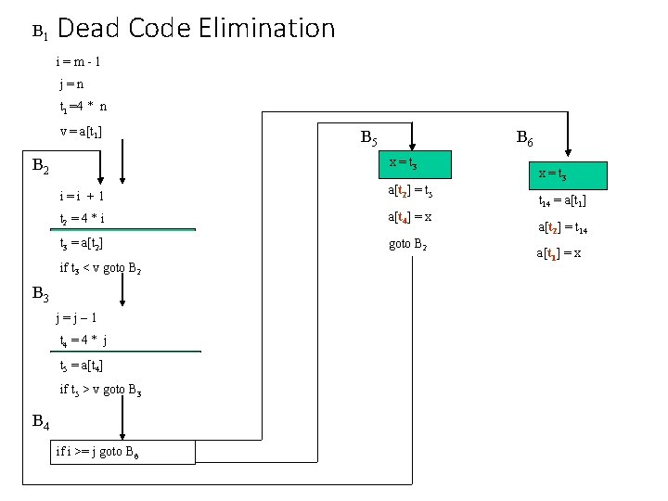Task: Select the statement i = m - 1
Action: (79, 62)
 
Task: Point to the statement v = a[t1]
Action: (81, 131)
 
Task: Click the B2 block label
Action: (41, 167)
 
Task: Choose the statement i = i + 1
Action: (82, 197)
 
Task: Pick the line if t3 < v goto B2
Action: (100, 268)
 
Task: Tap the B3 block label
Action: (41, 294)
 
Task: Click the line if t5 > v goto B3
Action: (100, 389)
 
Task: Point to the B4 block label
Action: (41, 422)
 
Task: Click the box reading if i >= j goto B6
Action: (124, 452)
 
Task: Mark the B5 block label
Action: (368, 139)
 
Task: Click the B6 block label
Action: (524, 139)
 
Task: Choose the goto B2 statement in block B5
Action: (409, 246)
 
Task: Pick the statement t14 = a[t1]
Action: (562, 200)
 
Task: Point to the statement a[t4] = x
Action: (409, 217)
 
